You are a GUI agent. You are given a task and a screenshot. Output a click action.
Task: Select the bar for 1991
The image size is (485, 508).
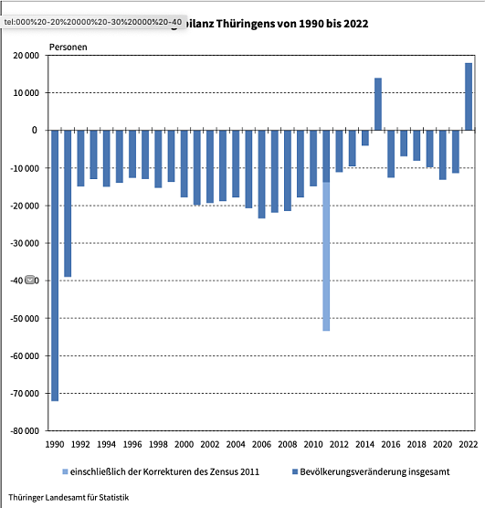[68, 203]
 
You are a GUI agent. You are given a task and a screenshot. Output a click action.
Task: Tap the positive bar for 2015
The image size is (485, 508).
[378, 104]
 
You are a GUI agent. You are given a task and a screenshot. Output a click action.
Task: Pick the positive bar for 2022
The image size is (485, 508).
[469, 97]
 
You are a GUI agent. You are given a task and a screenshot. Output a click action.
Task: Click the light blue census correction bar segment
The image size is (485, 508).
[326, 256]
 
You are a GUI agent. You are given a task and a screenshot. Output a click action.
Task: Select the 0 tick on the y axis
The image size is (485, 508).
[35, 131]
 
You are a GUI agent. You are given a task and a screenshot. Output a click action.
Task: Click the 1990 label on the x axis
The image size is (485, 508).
[55, 443]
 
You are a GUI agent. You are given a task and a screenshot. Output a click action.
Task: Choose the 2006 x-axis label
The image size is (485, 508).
[261, 443]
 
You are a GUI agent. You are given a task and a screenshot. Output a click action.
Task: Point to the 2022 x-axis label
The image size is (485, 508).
[469, 443]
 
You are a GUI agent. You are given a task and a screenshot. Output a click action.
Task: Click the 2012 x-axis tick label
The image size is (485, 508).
[339, 443]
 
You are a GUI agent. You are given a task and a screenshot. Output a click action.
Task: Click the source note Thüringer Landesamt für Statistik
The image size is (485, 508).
[69, 497]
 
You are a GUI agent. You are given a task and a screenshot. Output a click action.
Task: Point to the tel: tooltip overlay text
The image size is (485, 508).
[92, 19]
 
